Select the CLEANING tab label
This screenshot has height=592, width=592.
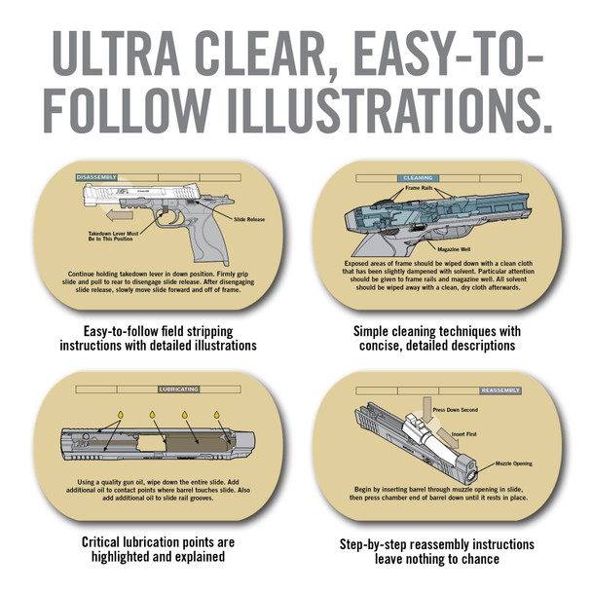point(418,179)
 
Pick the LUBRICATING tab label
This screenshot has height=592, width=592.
point(179,388)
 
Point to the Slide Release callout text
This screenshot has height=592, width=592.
point(248,220)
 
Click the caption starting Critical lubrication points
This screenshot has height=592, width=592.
point(157,549)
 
